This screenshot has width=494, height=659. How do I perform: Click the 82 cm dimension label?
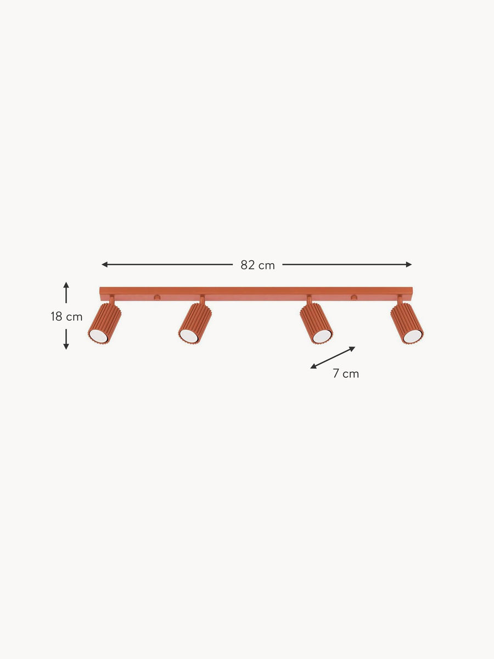[257, 265]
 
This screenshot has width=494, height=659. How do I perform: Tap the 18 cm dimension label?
[66, 316]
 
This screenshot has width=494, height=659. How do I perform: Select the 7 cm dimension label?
[346, 373]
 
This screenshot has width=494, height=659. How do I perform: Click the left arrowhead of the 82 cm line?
[104, 265]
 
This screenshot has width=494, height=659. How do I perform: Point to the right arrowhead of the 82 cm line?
[408, 265]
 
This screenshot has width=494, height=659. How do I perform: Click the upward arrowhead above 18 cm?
[66, 285]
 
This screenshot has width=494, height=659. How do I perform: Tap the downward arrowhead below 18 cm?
[66, 347]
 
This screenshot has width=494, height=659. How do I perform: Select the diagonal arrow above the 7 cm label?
[333, 358]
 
